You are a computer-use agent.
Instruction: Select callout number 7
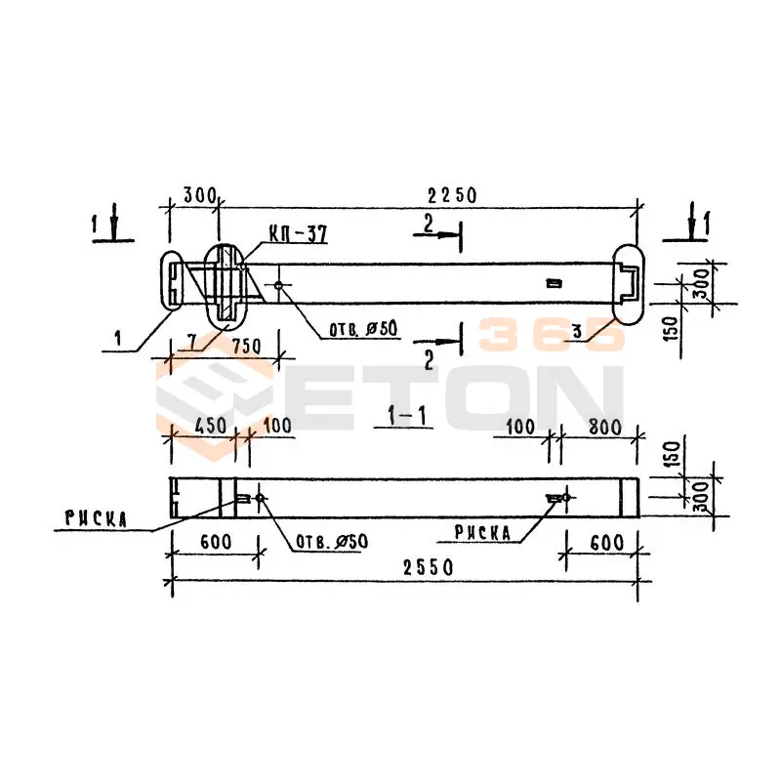click(192, 339)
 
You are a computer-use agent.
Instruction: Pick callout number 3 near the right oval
click(578, 333)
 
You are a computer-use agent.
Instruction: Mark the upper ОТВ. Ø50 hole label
click(361, 329)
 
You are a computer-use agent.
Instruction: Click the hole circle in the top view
click(279, 286)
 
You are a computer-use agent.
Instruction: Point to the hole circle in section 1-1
click(260, 499)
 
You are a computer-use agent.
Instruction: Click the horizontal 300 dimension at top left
click(198, 195)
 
